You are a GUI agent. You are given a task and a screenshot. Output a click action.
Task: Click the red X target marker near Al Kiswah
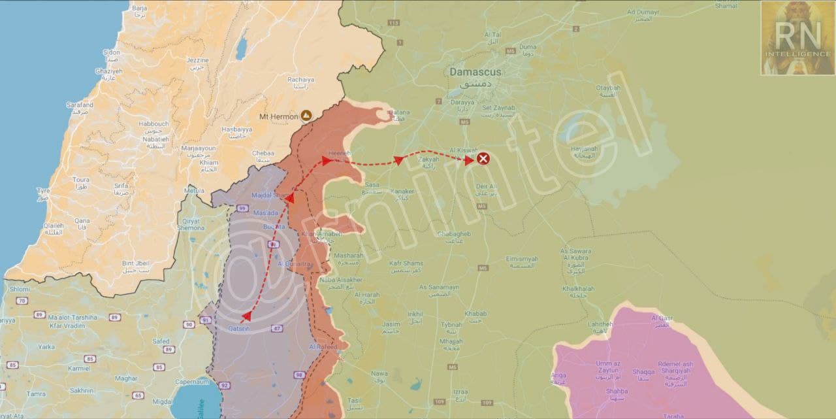[483, 159]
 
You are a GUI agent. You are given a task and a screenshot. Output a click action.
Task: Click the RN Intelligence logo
[796, 37]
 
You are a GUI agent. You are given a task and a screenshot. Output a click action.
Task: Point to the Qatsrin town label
[240, 328]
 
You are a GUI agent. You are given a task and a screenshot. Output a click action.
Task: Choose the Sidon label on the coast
[112, 52]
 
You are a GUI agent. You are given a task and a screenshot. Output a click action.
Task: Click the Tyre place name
[44, 191]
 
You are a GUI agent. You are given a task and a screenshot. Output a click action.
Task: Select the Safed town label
[161, 341]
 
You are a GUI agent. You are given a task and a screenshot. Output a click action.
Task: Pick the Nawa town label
[379, 373]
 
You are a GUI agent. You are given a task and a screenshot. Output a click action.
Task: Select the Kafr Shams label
[406, 263]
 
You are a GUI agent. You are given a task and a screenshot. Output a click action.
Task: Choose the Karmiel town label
[79, 368]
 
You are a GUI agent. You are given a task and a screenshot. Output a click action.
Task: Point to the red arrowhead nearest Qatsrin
[247, 316]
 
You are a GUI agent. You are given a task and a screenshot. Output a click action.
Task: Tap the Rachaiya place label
[301, 80]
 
